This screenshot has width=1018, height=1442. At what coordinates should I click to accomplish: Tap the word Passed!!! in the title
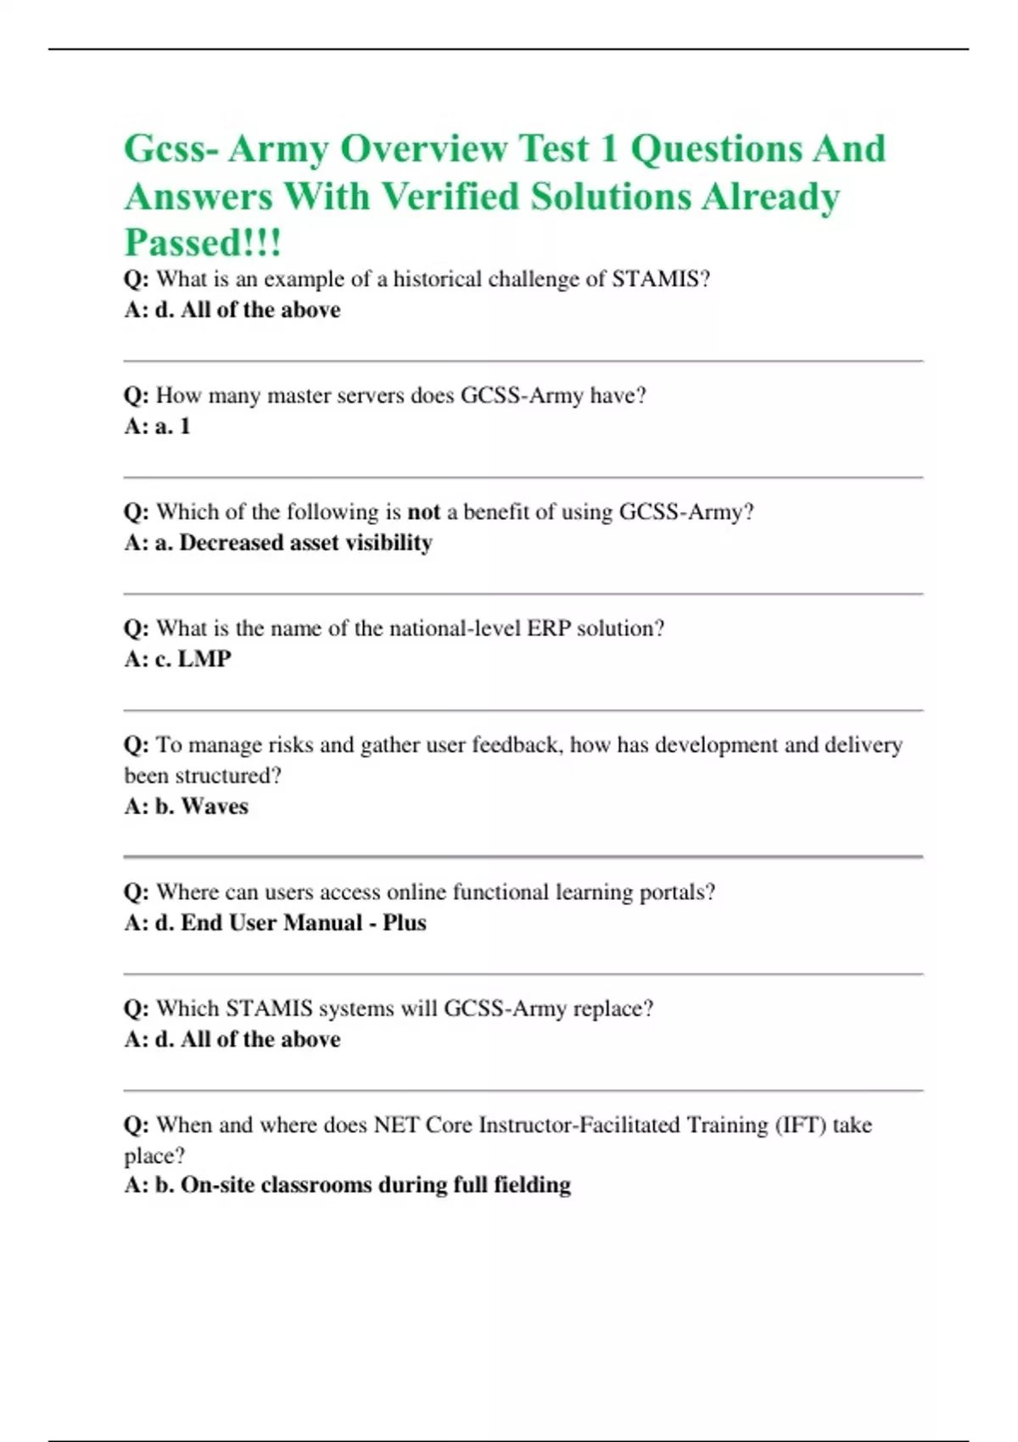tap(203, 243)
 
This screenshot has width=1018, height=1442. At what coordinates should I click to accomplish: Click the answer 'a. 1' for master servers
tap(172, 426)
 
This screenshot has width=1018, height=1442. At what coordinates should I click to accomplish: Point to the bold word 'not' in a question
tap(423, 511)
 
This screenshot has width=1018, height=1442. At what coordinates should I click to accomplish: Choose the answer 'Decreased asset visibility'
tap(305, 543)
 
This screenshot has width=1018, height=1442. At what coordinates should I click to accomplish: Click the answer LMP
tap(204, 659)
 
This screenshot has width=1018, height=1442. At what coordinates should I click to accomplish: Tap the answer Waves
tap(215, 807)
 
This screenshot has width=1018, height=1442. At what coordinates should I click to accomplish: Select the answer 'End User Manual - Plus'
tap(303, 923)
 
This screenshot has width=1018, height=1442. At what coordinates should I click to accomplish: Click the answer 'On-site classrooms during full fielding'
tap(375, 1185)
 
